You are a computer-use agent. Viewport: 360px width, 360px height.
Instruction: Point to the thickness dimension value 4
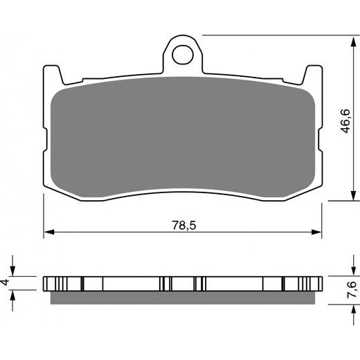click(6, 282)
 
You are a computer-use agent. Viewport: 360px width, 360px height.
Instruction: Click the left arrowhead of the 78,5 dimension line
click(47, 232)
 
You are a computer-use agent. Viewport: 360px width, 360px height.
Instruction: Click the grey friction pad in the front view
click(183, 138)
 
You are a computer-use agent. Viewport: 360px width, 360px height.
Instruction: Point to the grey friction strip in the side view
click(183, 298)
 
